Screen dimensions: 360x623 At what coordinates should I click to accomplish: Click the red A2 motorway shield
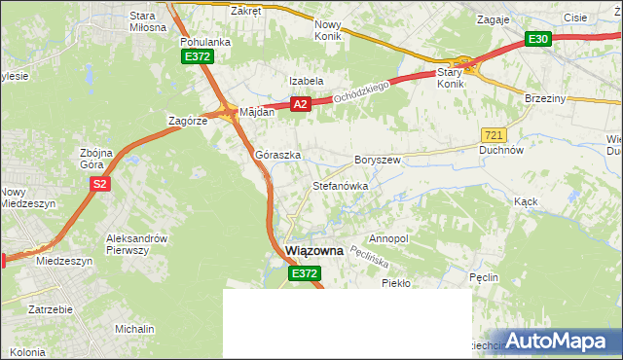(300, 104)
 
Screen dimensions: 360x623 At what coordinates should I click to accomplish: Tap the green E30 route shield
(538, 39)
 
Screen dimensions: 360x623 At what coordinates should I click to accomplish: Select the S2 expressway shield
(98, 182)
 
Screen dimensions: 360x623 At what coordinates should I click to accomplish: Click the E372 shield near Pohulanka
(197, 57)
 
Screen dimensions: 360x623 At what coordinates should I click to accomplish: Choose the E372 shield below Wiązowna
(304, 275)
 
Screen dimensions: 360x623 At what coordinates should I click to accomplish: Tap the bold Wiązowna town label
(314, 251)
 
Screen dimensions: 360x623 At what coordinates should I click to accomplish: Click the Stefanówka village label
(339, 185)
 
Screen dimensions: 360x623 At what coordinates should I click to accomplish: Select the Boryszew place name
(378, 159)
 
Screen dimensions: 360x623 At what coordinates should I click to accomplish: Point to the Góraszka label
(277, 155)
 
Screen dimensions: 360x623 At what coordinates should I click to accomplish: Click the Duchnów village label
(502, 151)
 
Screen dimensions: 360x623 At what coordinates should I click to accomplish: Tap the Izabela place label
(305, 81)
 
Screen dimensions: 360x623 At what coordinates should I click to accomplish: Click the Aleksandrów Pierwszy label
(137, 244)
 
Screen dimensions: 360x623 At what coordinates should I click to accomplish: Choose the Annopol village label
(389, 238)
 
